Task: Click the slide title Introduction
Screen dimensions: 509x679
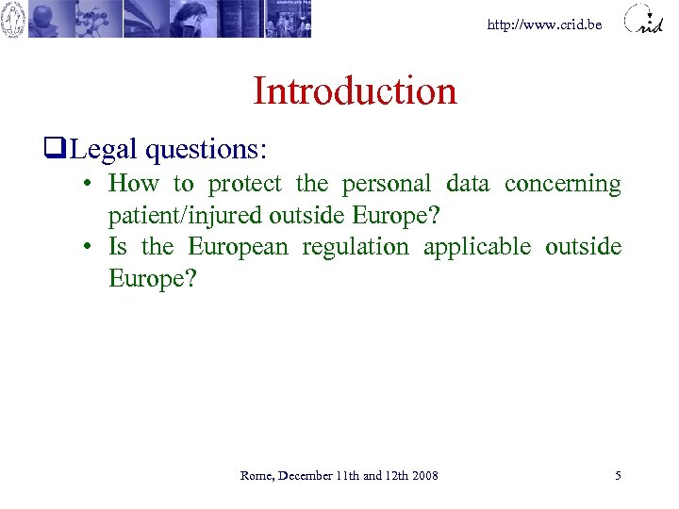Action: (x=355, y=91)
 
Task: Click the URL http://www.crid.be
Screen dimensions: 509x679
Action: (x=544, y=25)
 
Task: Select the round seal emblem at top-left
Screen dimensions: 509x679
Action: (x=13, y=19)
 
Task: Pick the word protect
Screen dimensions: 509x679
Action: (x=244, y=183)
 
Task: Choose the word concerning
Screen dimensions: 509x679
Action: (x=562, y=183)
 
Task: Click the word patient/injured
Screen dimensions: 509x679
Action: (x=185, y=215)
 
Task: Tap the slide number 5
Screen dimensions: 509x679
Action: (x=618, y=476)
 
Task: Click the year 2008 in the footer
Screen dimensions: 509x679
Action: (x=425, y=476)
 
